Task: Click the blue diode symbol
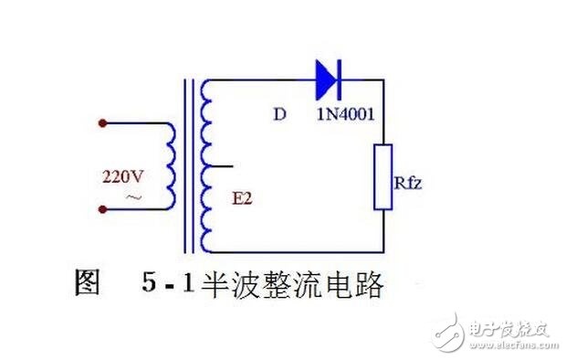pos(328,79)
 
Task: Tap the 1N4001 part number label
pos(345,114)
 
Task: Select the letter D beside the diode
pos(279,114)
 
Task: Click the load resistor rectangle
pos(383,176)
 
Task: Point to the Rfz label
pos(408,183)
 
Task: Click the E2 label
pos(242,198)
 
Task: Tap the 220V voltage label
pos(122,176)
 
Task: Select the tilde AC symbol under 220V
pos(133,197)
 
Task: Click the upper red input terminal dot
pos(103,123)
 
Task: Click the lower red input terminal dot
pos(103,209)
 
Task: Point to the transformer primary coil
pos(171,166)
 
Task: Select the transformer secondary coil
pos(205,166)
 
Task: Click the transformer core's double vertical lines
pos(189,166)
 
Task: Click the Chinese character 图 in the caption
pos(87,282)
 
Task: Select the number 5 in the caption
pos(149,282)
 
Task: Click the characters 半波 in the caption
pos(231,284)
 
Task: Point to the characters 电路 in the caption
pos(354,284)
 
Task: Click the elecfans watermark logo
pos(495,334)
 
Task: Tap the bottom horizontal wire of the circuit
pos(297,252)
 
